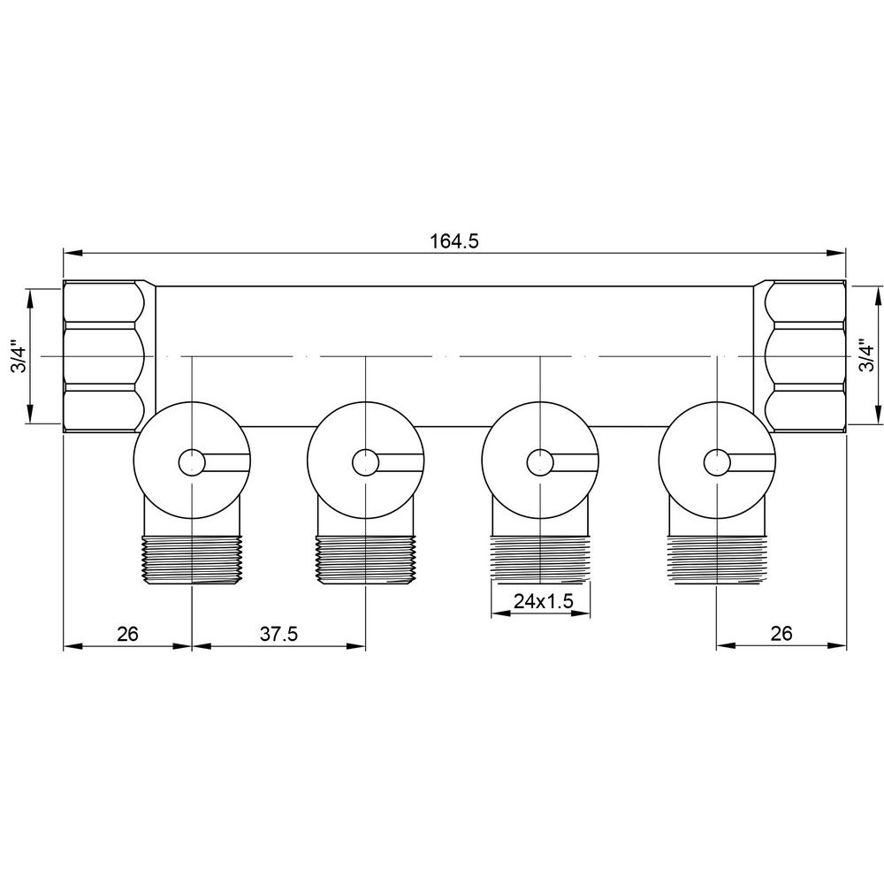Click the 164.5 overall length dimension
[454, 241]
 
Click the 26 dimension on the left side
[128, 634]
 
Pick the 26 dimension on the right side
[781, 634]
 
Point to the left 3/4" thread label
[19, 356]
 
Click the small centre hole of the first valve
[191, 461]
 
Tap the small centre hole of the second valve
[365, 461]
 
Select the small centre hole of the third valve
[539, 461]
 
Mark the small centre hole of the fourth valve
[717, 461]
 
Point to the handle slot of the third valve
[575, 461]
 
